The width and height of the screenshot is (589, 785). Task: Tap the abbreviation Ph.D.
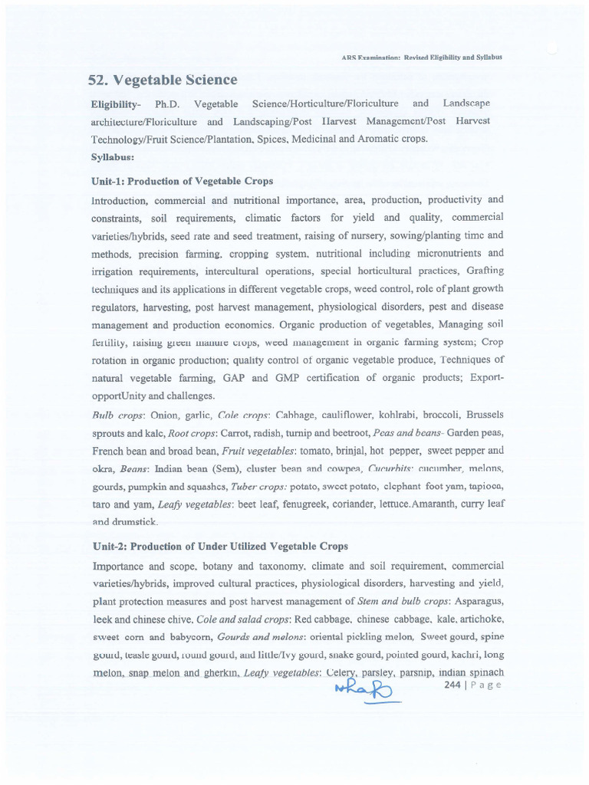click(x=166, y=103)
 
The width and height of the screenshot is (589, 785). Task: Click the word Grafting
click(x=483, y=271)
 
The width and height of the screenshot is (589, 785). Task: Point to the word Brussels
click(x=485, y=415)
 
